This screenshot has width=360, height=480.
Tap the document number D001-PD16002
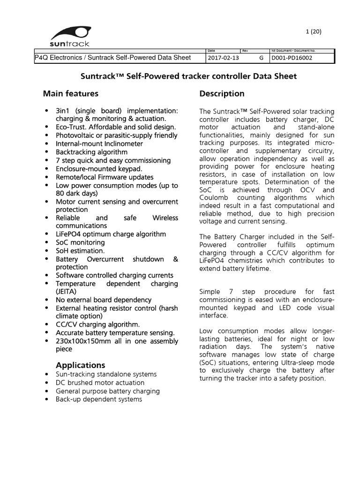pos(292,58)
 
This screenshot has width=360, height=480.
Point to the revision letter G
pos(261,58)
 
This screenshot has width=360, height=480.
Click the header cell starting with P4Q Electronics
pos(113,58)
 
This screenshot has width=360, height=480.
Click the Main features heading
pos(71,93)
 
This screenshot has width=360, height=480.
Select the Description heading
pos(222,93)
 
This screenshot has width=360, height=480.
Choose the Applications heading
pos(80,365)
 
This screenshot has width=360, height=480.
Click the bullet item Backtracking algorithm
pos(91,152)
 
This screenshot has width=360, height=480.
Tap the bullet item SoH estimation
pos(80,251)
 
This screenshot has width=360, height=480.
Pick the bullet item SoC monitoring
pos(80,242)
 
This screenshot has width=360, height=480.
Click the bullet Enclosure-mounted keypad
pos(99,168)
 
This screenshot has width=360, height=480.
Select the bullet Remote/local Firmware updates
pos(105,177)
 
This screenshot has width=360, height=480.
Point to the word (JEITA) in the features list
pos(67,292)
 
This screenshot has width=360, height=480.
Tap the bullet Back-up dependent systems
pos(99,399)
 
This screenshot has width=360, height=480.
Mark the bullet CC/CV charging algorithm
pos(97,324)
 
